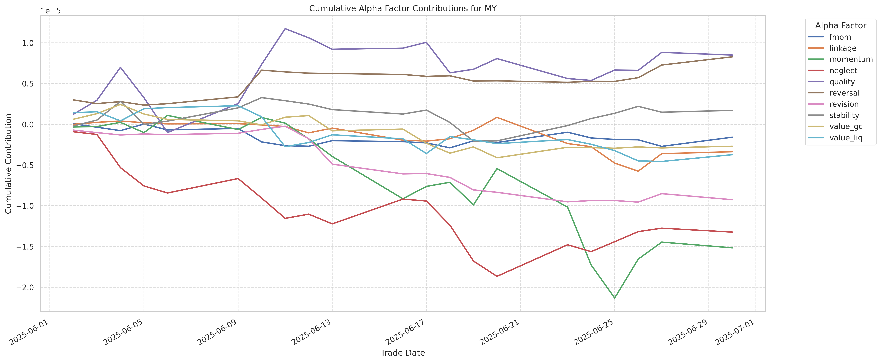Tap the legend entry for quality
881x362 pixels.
(842, 82)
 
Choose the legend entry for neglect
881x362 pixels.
(843, 70)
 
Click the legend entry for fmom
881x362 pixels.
(840, 37)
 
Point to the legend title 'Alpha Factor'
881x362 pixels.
(840, 26)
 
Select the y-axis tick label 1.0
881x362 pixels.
(29, 43)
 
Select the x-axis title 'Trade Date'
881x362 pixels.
(403, 353)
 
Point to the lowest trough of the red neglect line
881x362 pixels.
(497, 276)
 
